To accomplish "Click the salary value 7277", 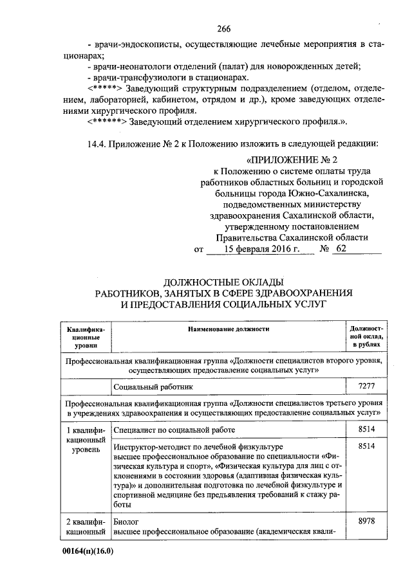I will [366, 386].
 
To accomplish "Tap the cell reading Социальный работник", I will [153, 386].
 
